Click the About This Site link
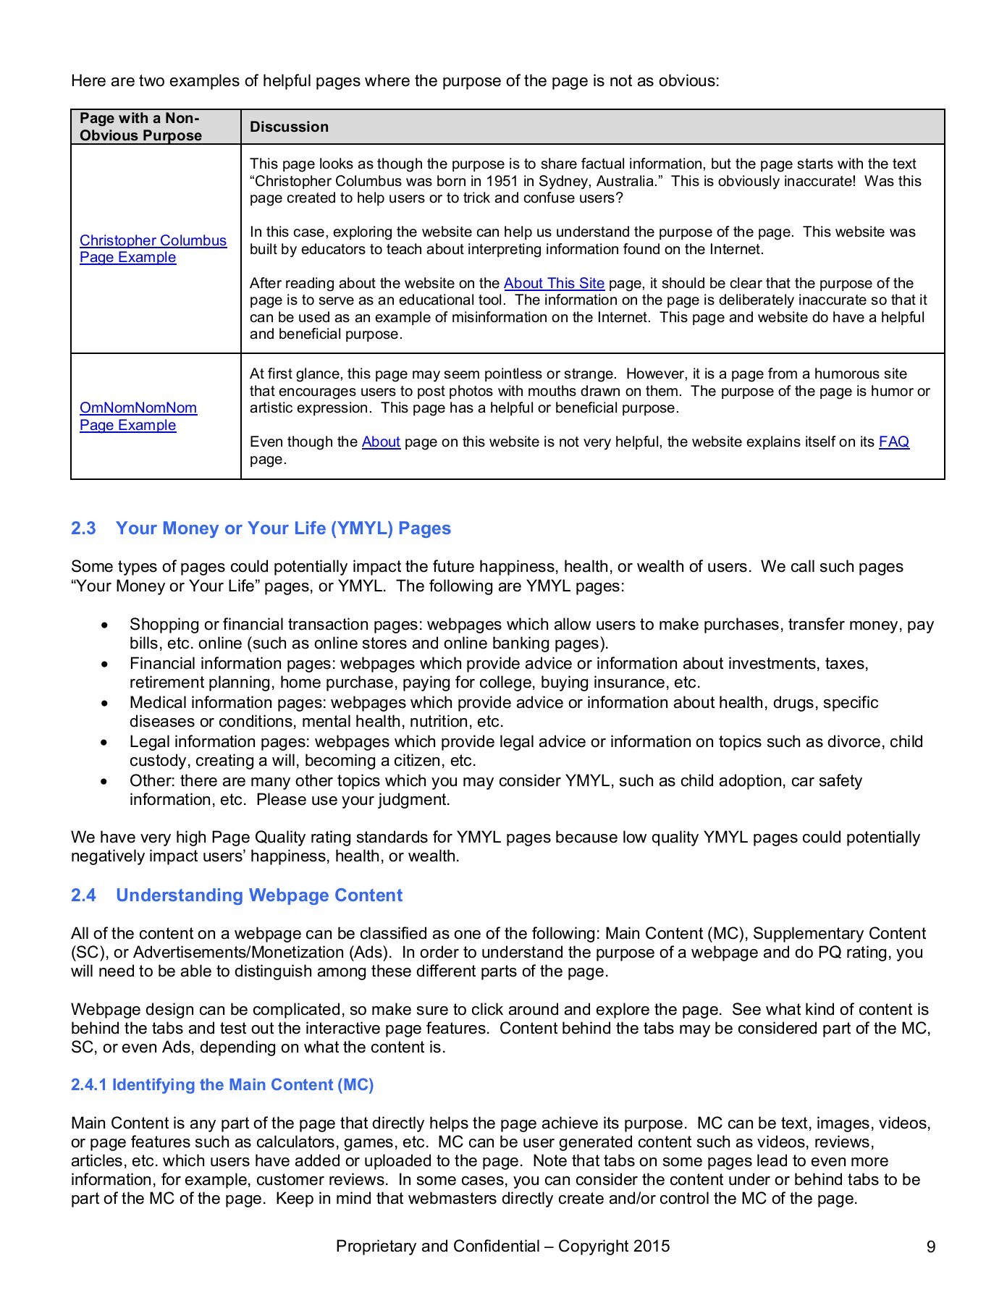click(554, 284)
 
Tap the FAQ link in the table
click(893, 442)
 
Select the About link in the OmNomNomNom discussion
click(381, 442)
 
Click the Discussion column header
click(289, 127)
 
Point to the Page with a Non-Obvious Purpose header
click(140, 127)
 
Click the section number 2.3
click(83, 528)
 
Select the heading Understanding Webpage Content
click(258, 895)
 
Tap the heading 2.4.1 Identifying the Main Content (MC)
click(222, 1085)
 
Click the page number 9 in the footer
click(931, 1247)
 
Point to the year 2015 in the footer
click(652, 1247)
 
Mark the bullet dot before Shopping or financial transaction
click(106, 625)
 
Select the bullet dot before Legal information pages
click(106, 742)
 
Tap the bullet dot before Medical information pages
click(106, 703)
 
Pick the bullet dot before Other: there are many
click(106, 781)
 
